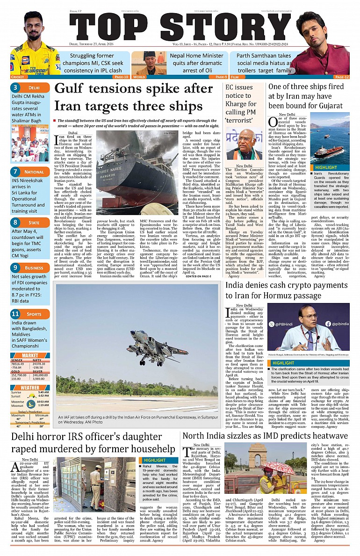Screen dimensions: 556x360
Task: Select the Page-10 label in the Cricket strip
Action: click(121, 77)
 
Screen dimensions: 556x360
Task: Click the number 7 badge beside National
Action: click(15, 172)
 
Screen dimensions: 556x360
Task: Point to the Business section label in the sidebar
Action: click(35, 268)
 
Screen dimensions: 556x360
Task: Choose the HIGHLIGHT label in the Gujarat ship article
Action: click(326, 167)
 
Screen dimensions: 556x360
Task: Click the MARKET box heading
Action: click(30, 355)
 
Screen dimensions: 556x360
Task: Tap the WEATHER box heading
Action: click(30, 388)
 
